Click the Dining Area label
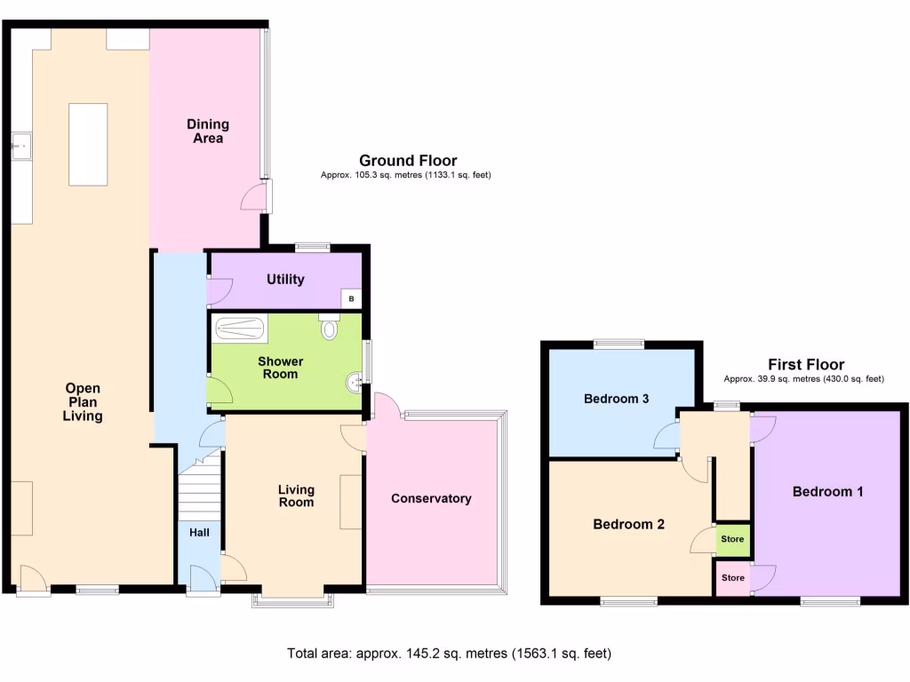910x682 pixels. pos(207,131)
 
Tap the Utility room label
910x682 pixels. pos(285,279)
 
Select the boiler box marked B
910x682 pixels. pos(352,299)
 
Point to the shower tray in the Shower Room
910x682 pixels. pos(239,329)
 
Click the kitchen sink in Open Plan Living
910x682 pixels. pos(20,145)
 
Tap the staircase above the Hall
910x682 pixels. pos(200,494)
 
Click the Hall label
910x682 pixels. pos(199,533)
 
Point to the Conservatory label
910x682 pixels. pos(431,498)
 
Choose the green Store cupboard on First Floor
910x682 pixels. pos(732,538)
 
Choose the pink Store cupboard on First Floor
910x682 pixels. pos(732,578)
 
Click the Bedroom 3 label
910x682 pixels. pos(616,399)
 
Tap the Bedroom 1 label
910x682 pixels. pos(827,491)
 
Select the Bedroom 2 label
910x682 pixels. pos(628,524)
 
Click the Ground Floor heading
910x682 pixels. pos(408,161)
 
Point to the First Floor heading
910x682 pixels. pos(806,364)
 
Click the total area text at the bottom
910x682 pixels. pos(449,654)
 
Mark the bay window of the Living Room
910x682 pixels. pos(292,600)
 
